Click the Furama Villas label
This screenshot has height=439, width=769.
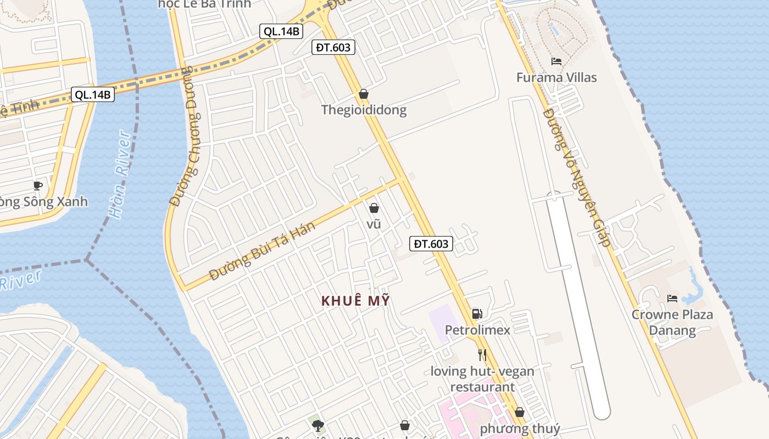[556, 77]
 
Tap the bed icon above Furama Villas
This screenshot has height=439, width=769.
[556, 61]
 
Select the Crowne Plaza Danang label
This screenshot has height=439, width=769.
[672, 322]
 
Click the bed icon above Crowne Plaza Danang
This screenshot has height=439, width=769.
[672, 299]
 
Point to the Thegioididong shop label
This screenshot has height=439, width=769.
[364, 110]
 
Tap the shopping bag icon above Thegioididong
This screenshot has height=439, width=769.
[363, 94]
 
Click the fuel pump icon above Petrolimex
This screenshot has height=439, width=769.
[477, 314]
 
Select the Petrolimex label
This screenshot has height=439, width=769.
[477, 330]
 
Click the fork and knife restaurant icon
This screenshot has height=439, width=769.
[482, 355]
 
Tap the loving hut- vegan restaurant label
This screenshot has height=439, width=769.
[482, 379]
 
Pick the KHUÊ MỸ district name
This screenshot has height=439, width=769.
[355, 301]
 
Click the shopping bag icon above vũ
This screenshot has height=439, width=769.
[374, 208]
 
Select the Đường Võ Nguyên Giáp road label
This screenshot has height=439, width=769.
[577, 177]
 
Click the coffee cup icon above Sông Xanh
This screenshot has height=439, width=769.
[37, 185]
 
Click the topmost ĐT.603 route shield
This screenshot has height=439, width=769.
[333, 47]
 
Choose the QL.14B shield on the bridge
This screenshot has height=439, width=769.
[93, 94]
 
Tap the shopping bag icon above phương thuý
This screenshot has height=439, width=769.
[519, 412]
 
